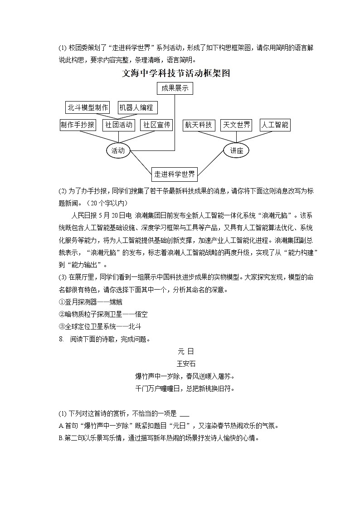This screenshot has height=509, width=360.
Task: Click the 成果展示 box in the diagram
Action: point(175,88)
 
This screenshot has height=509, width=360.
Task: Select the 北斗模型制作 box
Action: point(88,107)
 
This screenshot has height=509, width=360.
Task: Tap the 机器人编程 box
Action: point(137,107)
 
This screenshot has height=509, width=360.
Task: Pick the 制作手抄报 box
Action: point(78,125)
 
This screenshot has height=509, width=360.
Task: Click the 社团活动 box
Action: point(119,125)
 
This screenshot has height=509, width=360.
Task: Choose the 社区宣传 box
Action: point(157,125)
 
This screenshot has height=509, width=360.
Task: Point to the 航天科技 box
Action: point(199,125)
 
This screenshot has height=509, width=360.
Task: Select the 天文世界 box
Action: point(236,125)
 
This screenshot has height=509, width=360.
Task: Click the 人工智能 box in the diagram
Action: point(275,125)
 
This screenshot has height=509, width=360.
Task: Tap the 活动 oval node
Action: point(118,151)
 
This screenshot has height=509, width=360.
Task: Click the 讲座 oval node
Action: point(236,151)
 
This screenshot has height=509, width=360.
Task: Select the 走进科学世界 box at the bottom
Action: point(175,174)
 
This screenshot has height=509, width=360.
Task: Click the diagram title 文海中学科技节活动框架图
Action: point(176,73)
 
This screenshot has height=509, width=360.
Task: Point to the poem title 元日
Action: point(185,351)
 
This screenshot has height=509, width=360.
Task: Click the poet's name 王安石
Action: point(185,363)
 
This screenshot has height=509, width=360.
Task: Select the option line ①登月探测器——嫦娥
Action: point(91,301)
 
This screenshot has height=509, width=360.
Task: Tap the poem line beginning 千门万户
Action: point(185,388)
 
